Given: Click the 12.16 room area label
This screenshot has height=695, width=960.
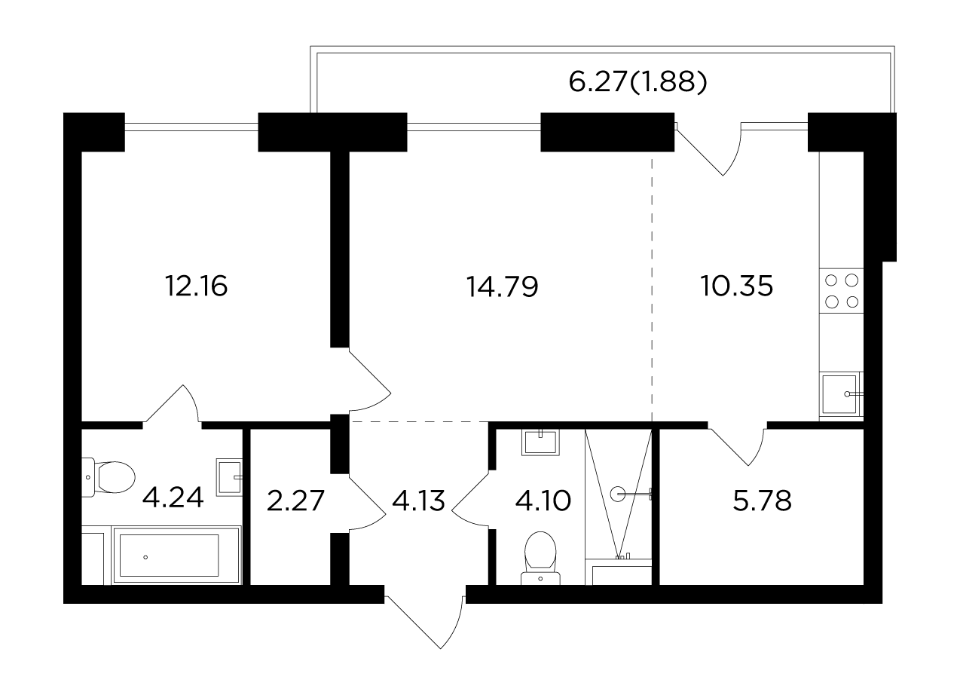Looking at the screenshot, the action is (x=196, y=286).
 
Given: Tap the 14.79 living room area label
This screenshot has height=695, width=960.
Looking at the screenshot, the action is (x=502, y=286).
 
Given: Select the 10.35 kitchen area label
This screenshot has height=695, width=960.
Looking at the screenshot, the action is (x=737, y=286).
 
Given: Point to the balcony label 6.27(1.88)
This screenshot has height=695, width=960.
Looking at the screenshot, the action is (x=637, y=82).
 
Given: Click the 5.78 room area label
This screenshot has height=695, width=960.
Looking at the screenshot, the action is (x=762, y=501).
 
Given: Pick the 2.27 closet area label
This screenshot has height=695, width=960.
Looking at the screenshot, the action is (x=295, y=501).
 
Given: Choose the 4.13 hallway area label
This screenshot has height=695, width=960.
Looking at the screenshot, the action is (x=419, y=501).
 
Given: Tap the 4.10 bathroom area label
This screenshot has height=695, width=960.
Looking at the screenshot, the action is (x=543, y=501).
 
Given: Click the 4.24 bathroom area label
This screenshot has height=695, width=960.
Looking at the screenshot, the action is (x=173, y=498).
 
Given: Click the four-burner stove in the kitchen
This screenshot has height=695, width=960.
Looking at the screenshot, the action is (x=841, y=291).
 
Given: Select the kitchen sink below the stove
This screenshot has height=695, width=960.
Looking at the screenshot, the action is (x=841, y=394).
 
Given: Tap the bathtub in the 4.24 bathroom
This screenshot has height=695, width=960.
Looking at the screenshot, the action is (x=176, y=556).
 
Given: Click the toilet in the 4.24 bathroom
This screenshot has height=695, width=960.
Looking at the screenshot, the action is (x=109, y=477).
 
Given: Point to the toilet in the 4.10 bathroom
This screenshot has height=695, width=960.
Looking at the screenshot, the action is (x=540, y=559).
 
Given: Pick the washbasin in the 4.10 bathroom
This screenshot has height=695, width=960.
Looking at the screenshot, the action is (x=540, y=442).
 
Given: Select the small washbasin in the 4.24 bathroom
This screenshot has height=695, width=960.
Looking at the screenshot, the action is (x=230, y=477).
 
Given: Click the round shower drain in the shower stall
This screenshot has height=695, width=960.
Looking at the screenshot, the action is (x=618, y=494).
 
